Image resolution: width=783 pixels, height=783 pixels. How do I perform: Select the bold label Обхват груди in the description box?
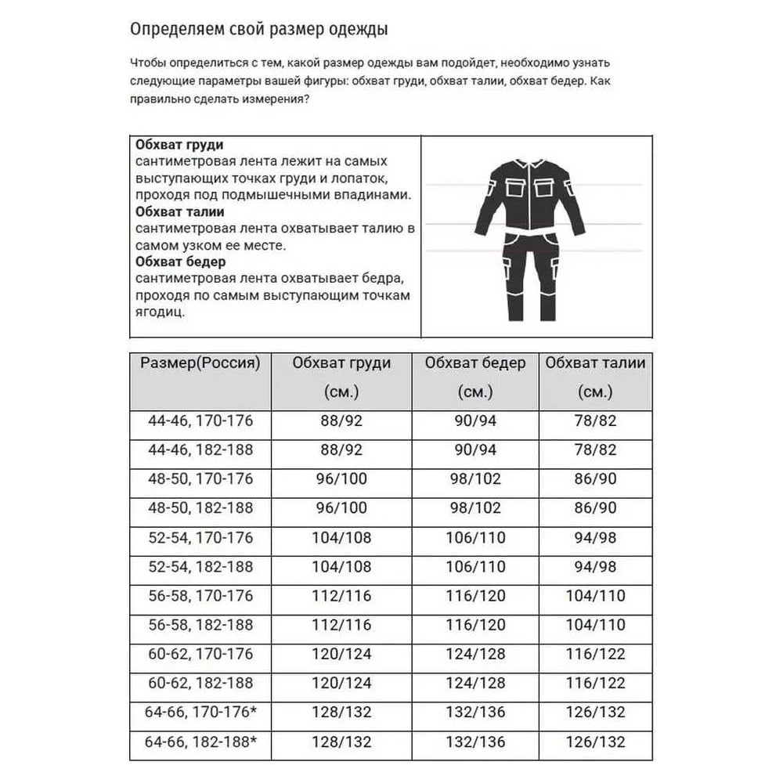(179, 146)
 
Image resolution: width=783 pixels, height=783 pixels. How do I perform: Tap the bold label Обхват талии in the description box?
(180, 211)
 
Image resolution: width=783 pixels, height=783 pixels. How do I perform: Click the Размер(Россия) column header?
(200, 363)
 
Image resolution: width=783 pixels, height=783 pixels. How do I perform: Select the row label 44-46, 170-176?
(200, 421)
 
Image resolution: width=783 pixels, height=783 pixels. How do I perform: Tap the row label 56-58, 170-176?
(200, 596)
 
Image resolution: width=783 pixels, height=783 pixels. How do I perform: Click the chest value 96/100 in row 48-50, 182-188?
(341, 508)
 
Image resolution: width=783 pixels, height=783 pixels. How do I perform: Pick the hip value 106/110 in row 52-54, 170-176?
(476, 538)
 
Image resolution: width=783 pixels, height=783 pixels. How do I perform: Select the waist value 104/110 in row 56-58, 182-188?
(596, 625)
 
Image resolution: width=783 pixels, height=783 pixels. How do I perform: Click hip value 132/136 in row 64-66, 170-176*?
(476, 713)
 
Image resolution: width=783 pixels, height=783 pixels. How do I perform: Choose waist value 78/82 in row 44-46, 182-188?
(596, 450)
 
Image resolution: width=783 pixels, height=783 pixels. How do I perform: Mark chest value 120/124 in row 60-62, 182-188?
(341, 684)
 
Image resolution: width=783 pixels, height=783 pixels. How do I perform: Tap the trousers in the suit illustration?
(532, 274)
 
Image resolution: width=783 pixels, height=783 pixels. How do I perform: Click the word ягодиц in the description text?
(160, 312)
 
